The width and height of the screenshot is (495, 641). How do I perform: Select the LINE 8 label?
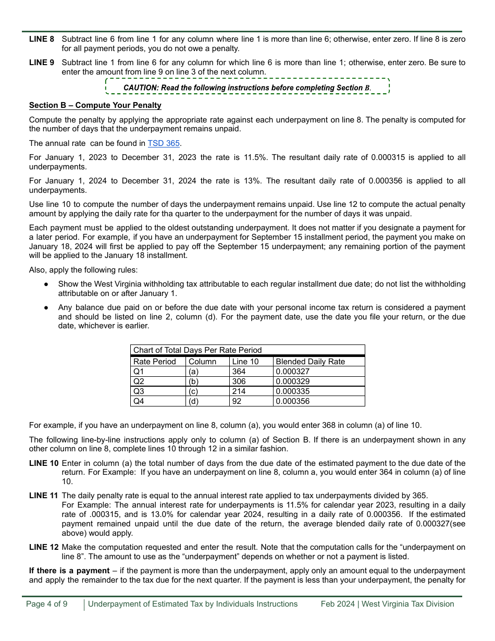point(42,39)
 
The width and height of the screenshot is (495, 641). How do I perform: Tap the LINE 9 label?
point(42,63)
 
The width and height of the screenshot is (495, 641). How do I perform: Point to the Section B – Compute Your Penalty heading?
point(95,105)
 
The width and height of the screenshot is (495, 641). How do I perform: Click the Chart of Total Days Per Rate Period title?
point(197,350)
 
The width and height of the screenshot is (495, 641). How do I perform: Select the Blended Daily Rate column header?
point(310,362)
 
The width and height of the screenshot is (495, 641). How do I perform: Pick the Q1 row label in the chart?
point(139,372)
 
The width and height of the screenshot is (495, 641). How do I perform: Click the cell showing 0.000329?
point(292,381)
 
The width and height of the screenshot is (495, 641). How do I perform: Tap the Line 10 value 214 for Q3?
point(239,391)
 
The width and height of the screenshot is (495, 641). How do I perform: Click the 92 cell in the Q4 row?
point(237,401)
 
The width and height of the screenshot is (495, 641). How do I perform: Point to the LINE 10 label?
point(44,463)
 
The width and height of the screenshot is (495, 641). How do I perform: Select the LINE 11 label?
point(44,496)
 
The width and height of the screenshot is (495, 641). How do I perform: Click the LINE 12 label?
point(44,547)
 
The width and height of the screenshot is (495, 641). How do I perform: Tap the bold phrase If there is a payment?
point(69,571)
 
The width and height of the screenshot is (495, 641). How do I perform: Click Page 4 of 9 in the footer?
point(46,604)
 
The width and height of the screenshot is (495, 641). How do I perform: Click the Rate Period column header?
point(155,362)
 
